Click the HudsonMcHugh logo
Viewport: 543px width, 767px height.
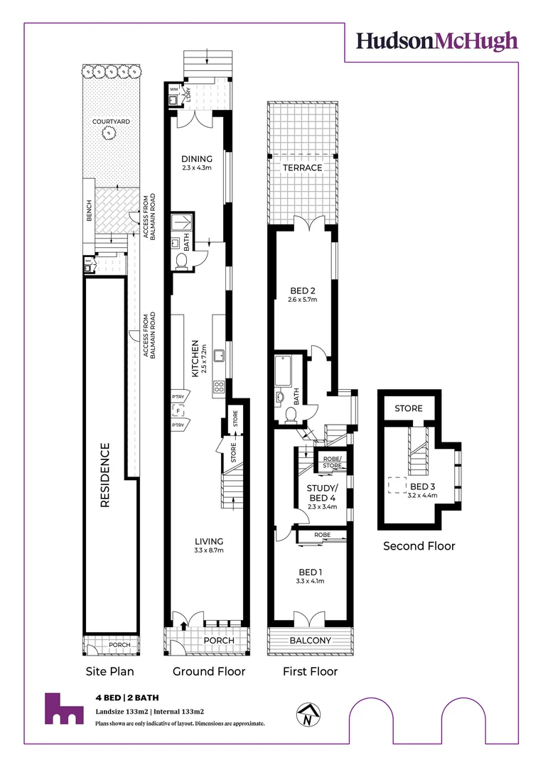coord(437,41)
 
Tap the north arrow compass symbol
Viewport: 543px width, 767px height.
coord(308,714)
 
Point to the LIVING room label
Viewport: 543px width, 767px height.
coord(209,541)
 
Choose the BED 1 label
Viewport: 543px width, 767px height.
coord(311,572)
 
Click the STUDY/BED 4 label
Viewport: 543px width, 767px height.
coord(323,493)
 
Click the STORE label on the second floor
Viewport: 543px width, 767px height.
coord(408,408)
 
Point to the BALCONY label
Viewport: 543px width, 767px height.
coord(310,641)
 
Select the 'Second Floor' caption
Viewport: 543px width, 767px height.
coord(419,546)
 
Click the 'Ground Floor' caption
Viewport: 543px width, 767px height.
coord(209,671)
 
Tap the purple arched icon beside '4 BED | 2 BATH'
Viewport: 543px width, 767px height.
coord(63,709)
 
